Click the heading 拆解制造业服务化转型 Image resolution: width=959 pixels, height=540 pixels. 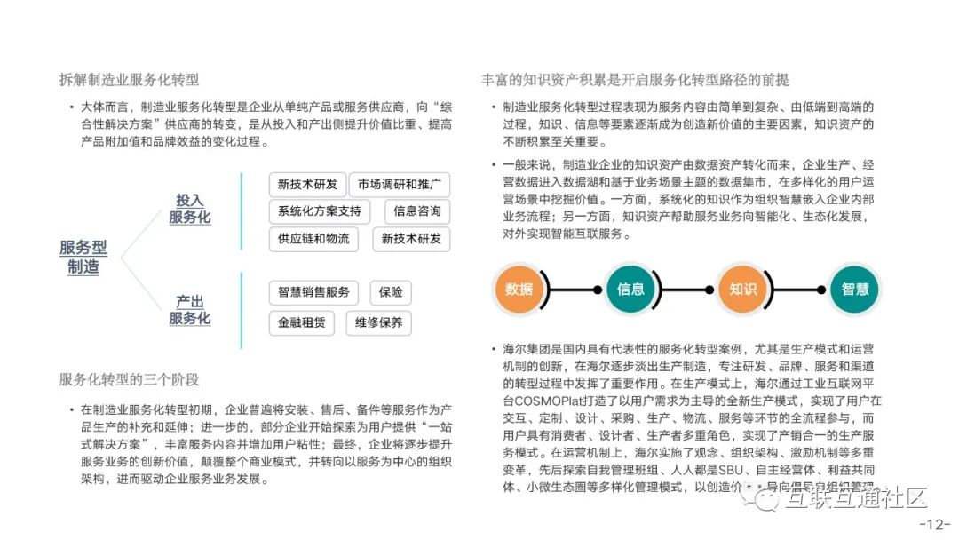130,80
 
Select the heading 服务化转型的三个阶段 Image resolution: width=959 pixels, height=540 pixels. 130,379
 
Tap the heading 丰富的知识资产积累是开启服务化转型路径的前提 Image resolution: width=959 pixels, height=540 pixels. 635,80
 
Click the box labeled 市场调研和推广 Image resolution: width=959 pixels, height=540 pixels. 399,185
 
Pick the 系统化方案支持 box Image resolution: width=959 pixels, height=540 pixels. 320,211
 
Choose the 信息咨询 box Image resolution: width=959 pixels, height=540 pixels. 416,211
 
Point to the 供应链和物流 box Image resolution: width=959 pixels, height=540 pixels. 313,239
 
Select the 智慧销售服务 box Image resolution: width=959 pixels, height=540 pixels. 313,292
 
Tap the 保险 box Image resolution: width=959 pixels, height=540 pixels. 390,292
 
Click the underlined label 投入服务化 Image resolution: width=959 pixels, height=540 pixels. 190,209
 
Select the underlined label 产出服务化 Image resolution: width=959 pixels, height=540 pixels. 190,310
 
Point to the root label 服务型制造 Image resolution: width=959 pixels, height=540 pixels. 83,258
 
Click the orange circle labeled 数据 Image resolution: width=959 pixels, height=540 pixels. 519,289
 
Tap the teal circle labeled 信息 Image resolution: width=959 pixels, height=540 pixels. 630,289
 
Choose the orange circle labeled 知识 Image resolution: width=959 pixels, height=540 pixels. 742,289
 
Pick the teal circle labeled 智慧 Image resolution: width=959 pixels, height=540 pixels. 854,289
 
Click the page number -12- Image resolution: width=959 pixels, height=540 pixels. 934,524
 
